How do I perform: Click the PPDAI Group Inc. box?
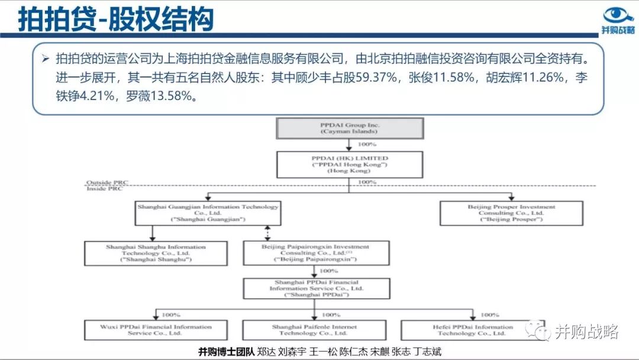coord(350,128)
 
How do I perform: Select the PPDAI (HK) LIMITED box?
coord(350,163)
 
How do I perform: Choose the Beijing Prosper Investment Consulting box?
coord(512,213)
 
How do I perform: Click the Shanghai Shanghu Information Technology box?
coord(148,253)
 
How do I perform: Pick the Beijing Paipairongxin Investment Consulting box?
coord(316,253)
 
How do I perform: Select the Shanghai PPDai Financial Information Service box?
coord(316,289)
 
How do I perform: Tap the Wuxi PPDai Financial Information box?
coord(156,330)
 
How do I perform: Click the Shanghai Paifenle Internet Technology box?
coord(315,330)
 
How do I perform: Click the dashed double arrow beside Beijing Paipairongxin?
coord(269,233)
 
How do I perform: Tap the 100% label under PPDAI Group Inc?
coord(367,144)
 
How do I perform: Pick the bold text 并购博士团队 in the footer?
coord(226,351)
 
